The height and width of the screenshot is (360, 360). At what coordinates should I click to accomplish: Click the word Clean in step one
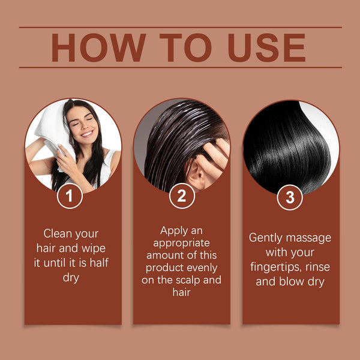click(x=60, y=233)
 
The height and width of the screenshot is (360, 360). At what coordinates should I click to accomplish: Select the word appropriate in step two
click(x=181, y=242)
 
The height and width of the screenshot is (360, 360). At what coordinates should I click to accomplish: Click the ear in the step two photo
click(x=193, y=175)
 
